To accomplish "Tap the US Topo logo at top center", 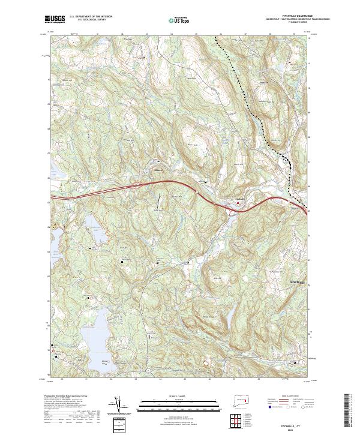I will pyautogui.click(x=179, y=20).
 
